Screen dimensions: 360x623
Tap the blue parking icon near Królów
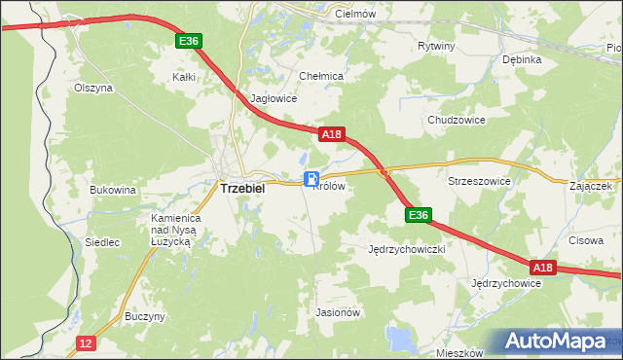tap(311, 178)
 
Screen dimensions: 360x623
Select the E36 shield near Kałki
tap(189, 41)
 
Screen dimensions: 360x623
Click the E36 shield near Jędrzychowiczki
tap(418, 215)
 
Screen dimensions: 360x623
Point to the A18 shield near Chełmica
tap(331, 136)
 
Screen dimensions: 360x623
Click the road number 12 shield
tap(87, 342)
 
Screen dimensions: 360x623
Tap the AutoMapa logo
tap(554, 342)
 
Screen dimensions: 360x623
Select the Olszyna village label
tap(93, 88)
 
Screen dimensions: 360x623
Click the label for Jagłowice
tap(274, 98)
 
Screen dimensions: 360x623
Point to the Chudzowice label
tap(456, 120)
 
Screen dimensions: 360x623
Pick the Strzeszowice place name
tap(479, 181)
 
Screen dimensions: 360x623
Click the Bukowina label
tap(112, 190)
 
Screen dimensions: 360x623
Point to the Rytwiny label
tap(435, 46)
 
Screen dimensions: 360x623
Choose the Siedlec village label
tap(102, 242)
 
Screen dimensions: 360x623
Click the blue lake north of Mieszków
tap(399, 338)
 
